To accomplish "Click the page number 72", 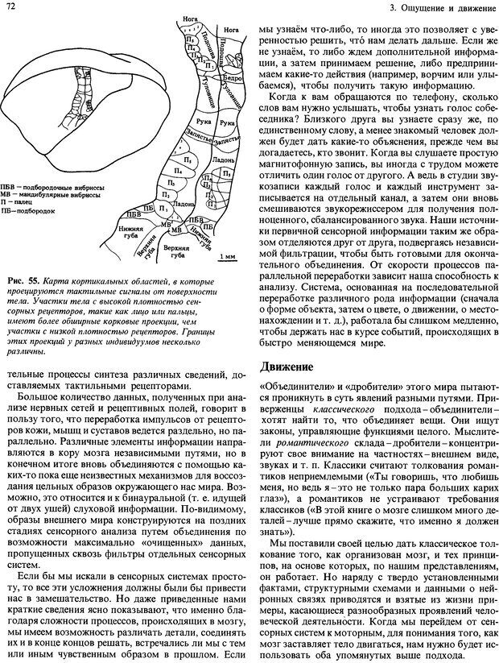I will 9,7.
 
